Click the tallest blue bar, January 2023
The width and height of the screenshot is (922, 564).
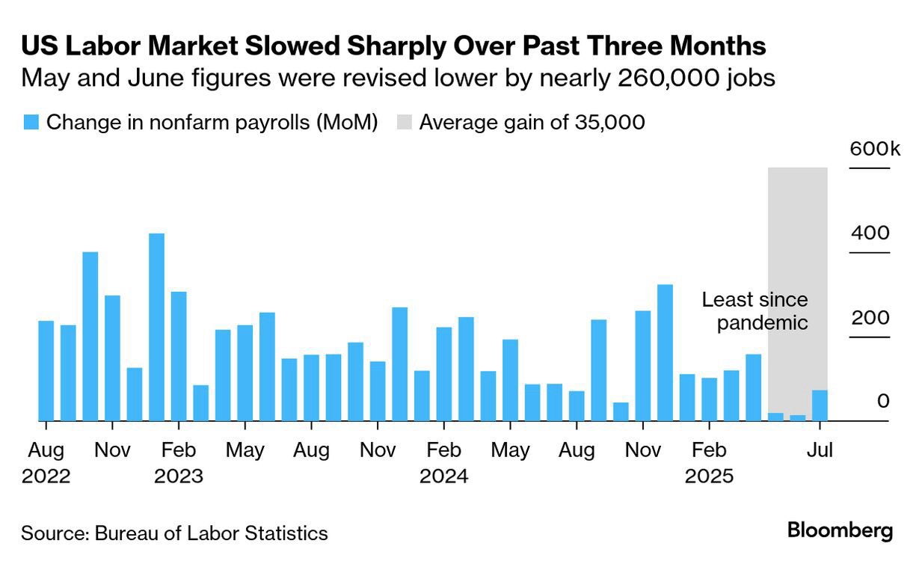click(x=156, y=327)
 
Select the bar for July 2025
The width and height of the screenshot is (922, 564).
click(x=820, y=405)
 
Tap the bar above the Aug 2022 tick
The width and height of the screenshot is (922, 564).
click(x=46, y=371)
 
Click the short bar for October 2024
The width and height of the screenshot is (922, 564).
click(x=621, y=411)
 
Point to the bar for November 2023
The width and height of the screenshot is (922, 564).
click(x=378, y=391)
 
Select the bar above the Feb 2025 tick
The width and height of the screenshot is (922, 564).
click(x=709, y=399)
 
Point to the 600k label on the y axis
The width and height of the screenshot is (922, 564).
click(x=874, y=149)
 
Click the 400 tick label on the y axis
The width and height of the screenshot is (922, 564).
click(x=870, y=233)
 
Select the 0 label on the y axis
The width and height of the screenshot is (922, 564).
click(x=883, y=402)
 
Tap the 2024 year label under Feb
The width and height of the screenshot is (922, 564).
click(x=444, y=476)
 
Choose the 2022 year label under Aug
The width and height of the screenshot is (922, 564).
click(x=46, y=476)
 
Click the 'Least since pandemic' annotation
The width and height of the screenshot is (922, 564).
click(x=754, y=311)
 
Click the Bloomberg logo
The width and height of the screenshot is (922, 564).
click(x=840, y=531)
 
